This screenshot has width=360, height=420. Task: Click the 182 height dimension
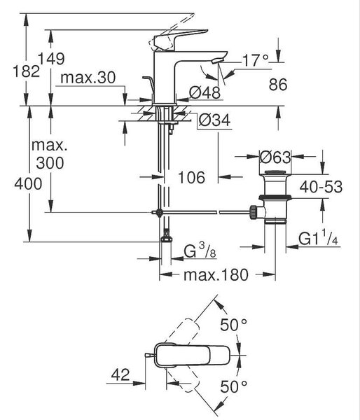27,71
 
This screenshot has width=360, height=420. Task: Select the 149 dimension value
51,59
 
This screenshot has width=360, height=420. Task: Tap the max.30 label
88,78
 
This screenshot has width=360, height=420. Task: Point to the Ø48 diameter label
205,92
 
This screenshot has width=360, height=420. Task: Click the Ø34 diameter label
214,120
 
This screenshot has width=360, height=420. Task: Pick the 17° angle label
256,60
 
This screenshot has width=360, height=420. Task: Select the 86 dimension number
278,85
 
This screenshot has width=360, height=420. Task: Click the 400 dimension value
28,184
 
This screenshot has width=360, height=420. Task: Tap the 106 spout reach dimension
191,177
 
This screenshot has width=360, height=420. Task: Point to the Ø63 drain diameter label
275,157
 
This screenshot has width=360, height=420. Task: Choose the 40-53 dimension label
321,187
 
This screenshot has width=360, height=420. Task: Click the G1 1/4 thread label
318,239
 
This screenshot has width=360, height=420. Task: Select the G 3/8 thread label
200,251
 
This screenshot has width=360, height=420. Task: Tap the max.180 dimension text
216,275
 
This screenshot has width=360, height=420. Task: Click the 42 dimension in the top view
120,374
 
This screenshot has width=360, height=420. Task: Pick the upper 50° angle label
234,325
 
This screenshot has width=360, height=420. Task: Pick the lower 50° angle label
234,386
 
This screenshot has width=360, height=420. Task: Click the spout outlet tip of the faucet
216,62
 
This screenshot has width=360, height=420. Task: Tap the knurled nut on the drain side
253,212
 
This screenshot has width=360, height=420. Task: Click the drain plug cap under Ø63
275,172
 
